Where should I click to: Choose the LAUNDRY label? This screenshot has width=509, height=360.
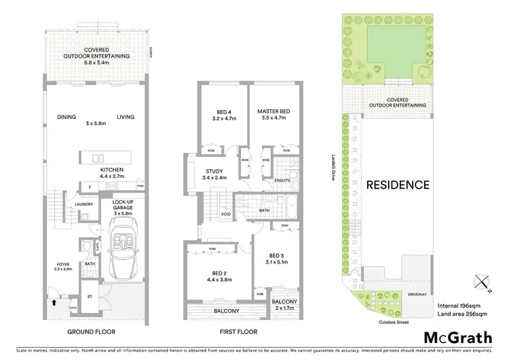coord(83,203)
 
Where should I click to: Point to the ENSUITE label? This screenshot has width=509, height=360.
coord(282,179)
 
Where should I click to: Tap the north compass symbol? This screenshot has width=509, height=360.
coord(481,280)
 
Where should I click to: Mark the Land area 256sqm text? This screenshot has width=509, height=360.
coord(463,314)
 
